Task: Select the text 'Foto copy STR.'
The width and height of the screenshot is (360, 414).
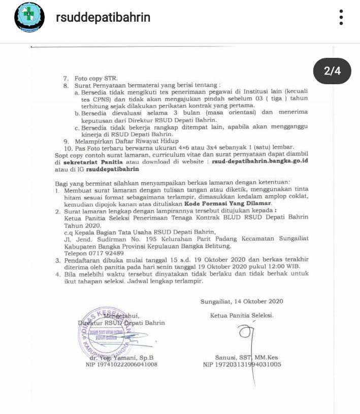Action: click(96, 79)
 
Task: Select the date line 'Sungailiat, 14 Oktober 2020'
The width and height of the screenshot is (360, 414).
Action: click(242, 301)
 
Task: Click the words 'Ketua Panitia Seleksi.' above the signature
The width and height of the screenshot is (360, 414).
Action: click(242, 315)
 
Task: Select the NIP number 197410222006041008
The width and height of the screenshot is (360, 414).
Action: click(121, 364)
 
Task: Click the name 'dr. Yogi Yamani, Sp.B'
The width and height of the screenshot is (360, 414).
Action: click(121, 357)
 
